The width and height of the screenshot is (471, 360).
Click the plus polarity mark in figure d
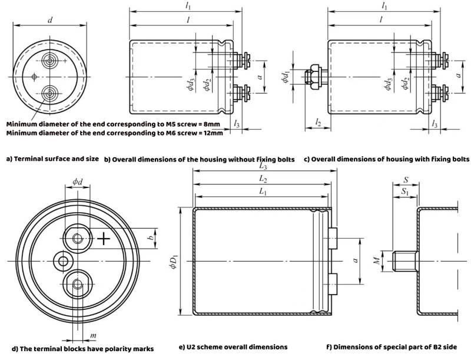point(104,239)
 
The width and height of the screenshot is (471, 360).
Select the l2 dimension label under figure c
point(318,123)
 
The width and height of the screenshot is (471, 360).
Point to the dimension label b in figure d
point(151,237)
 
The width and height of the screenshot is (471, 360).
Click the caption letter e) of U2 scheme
point(187,348)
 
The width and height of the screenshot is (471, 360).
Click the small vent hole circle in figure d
point(62,260)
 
